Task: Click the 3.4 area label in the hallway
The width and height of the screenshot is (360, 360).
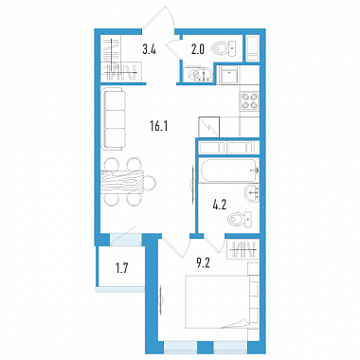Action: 149,49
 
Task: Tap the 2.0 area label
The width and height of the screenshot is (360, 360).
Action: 198,49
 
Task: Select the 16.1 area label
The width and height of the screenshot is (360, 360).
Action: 159,126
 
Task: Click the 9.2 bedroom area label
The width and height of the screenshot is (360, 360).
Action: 204,263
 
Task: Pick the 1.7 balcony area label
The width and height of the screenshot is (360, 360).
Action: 121,269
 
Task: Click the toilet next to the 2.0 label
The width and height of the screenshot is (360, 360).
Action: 224,48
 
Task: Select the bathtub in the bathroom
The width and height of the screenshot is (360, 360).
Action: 229,171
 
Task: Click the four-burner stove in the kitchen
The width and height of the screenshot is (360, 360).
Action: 249,100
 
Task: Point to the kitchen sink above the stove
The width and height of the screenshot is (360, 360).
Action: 229,75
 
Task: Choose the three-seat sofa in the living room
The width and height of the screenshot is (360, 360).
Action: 114,119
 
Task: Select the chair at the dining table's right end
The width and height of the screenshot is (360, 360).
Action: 150,183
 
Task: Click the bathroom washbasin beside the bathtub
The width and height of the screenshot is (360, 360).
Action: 252,193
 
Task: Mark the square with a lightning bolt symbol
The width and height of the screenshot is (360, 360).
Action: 209,127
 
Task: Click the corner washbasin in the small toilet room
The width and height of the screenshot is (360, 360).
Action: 196,75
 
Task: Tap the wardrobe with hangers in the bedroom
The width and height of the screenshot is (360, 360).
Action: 243,249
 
